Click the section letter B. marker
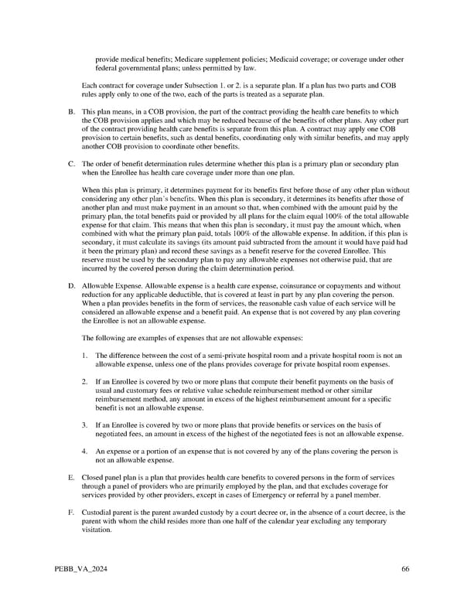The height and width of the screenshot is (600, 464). [71, 112]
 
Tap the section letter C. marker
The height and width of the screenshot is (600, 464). [71, 164]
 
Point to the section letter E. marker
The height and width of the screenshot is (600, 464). [71, 477]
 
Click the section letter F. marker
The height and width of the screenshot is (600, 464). [71, 512]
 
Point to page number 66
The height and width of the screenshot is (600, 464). [405, 569]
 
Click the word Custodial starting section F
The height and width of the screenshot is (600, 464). [98, 512]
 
